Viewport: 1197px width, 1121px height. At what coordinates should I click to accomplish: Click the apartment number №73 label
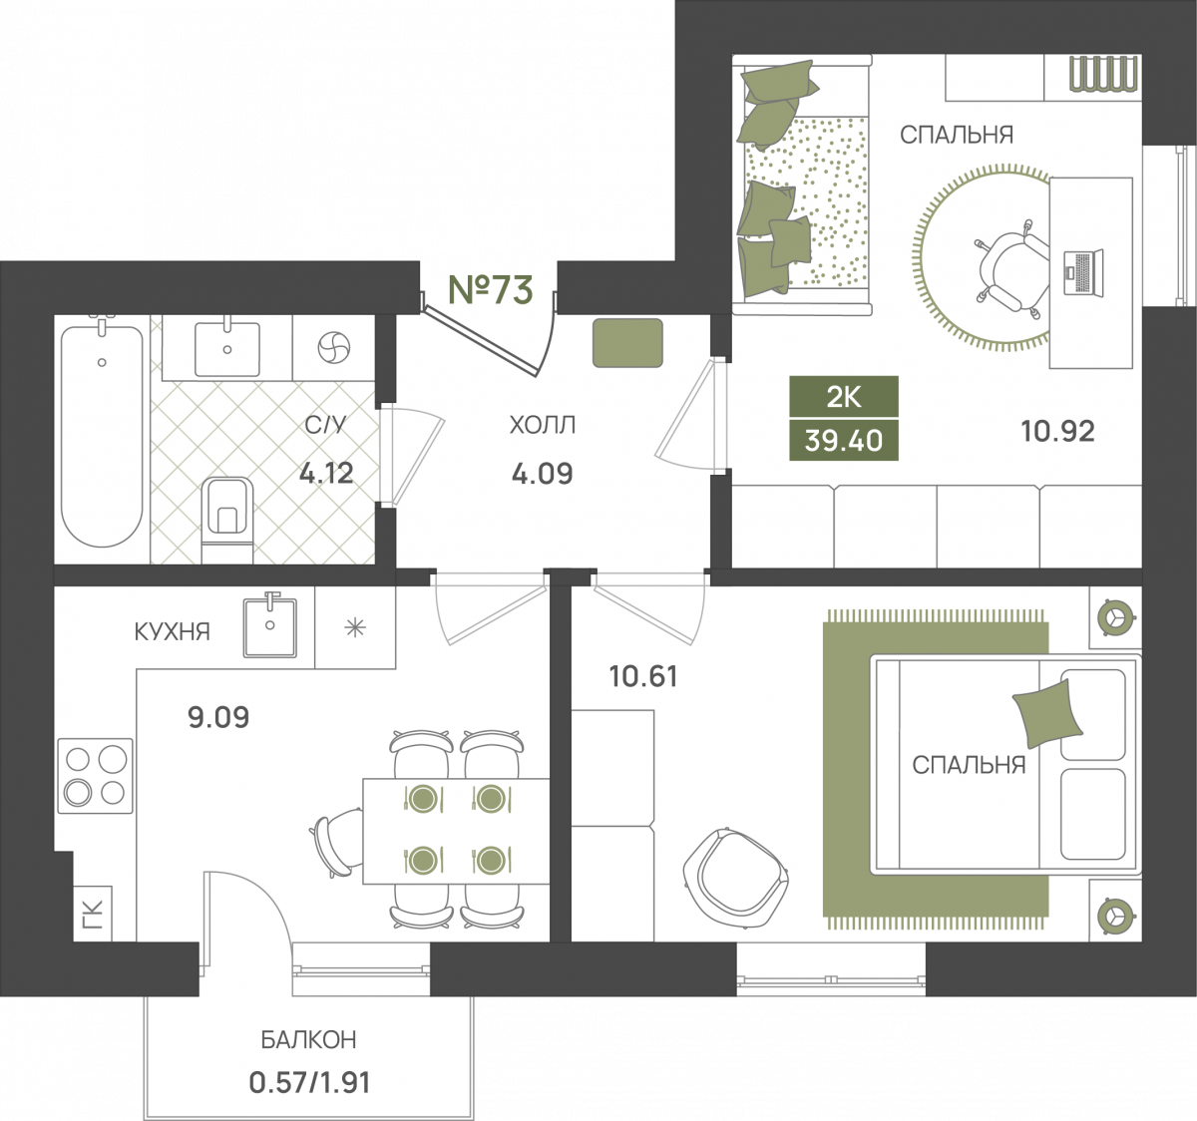pos(491,289)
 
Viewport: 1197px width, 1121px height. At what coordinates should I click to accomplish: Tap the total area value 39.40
pos(844,441)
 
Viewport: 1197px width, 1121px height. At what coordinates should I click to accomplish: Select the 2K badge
pos(844,397)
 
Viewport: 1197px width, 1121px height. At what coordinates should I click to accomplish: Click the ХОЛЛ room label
pos(543,425)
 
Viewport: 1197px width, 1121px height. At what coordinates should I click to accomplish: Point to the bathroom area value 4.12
pos(326,474)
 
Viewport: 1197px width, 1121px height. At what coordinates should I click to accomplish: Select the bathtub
pos(102,435)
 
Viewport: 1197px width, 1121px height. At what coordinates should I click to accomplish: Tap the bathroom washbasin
pos(227,349)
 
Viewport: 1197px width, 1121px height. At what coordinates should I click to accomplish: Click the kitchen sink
pos(270,626)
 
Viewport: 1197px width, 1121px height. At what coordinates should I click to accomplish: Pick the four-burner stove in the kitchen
pos(95,776)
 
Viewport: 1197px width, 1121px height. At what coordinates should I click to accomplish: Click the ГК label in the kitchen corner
pos(93,914)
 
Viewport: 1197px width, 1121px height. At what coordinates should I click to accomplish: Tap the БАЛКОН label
pos(308,1039)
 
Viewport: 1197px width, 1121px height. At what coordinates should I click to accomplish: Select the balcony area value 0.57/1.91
pos(310,1083)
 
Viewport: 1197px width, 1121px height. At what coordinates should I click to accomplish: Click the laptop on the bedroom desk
pos(1083,273)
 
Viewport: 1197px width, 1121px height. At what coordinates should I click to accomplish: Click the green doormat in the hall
pos(627,343)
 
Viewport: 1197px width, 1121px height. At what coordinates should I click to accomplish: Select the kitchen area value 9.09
pos(218,717)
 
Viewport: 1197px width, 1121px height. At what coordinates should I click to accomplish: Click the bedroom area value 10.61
pos(643,676)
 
